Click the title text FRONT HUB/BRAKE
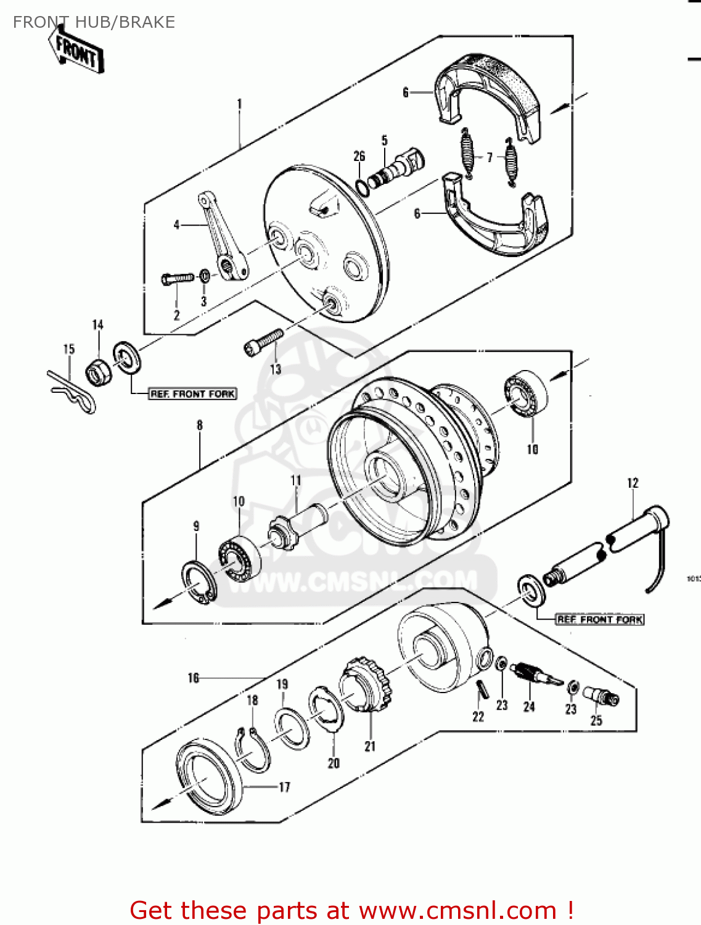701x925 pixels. coord(94,22)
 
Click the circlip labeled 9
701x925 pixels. coord(199,582)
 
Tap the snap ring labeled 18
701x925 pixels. coord(253,750)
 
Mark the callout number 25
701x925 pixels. coord(596,720)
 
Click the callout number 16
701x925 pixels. coord(194,678)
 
